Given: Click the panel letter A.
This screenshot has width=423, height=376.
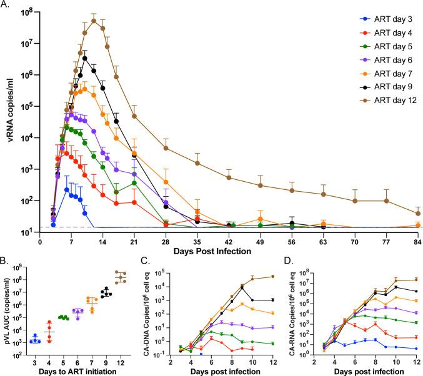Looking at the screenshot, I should tap(6, 6).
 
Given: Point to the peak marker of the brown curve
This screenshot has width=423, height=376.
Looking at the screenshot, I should tap(94, 21).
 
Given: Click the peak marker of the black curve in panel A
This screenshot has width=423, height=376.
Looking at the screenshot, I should tap(84, 58).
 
